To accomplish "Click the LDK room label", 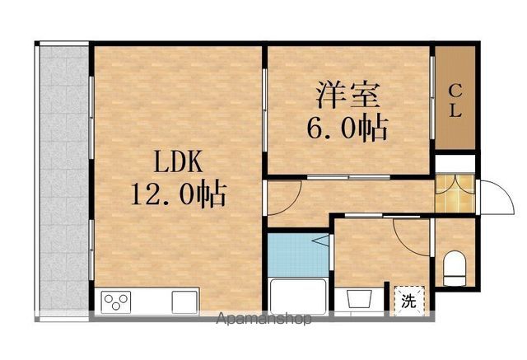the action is [178, 161].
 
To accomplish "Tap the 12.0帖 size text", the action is [178, 194].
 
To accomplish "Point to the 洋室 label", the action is [347, 95].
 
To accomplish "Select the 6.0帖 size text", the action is [347, 128].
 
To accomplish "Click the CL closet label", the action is [455, 101].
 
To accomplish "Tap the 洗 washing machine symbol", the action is [408, 301].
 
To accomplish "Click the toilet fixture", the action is [455, 269].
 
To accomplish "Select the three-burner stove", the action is [116, 302].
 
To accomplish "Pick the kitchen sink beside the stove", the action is [184, 302].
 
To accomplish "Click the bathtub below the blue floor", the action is [298, 297].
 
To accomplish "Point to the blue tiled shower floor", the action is [298, 255].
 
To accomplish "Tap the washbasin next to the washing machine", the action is [359, 299].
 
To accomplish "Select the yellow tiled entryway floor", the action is [455, 194].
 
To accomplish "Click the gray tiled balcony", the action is [64, 178].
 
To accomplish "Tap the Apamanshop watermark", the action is [263, 318].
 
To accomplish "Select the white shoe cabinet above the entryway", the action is [455, 164].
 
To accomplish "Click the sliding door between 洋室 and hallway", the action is [348, 177].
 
